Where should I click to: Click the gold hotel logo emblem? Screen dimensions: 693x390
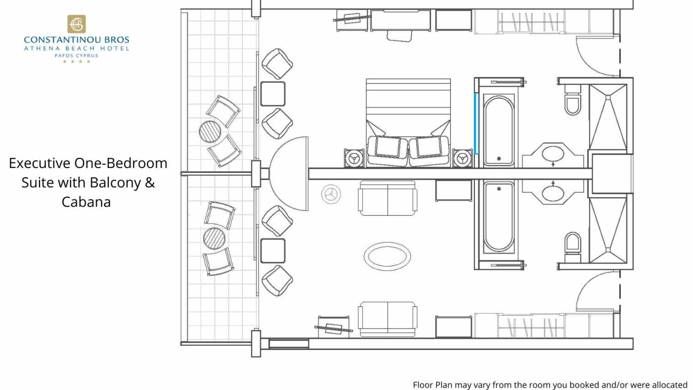point(76,24)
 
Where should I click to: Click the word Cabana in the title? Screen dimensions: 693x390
point(86,202)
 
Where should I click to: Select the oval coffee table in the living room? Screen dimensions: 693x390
point(387,256)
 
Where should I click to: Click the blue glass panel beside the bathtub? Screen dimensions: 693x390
point(476,124)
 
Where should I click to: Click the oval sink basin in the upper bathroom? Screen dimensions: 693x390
point(553,154)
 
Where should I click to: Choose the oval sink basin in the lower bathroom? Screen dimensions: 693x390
point(553,194)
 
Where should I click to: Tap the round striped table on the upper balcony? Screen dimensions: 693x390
point(210,132)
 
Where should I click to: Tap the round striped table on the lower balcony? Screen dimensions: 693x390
point(214,238)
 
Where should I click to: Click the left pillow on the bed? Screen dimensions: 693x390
point(388,147)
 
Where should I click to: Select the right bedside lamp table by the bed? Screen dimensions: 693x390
point(462,158)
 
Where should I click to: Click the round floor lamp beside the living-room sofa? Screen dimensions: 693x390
point(331,194)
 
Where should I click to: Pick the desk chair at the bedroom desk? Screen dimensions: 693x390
point(400,36)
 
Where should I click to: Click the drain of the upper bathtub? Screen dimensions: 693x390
point(498,158)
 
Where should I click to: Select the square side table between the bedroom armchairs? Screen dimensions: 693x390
point(273,94)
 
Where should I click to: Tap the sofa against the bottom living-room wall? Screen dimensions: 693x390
point(387,319)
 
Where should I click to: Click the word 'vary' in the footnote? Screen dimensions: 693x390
point(480,385)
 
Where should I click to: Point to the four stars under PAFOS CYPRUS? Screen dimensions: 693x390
point(76,61)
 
